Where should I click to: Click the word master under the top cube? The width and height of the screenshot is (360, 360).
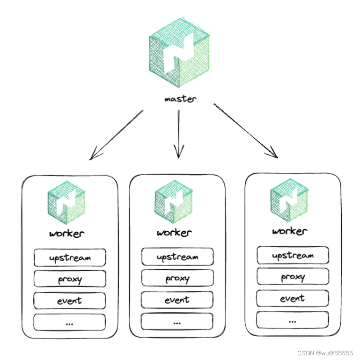(180, 99)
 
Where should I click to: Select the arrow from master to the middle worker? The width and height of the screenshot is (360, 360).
(178, 133)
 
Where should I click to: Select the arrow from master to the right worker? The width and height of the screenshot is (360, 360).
(245, 131)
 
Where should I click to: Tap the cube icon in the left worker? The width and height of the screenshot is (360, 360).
(66, 203)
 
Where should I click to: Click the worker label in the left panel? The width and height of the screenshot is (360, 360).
(66, 233)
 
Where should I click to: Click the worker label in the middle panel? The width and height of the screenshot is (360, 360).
(174, 233)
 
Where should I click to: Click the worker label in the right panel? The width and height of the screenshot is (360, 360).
(289, 231)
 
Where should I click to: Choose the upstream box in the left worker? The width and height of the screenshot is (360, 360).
(70, 257)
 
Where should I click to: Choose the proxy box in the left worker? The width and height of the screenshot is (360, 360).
(70, 279)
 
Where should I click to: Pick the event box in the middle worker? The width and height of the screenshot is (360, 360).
(177, 300)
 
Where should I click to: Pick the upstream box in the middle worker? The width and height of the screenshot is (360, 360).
(177, 257)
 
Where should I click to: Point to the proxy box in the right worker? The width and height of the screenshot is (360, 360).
(293, 277)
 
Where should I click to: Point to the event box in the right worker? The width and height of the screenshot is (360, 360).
(293, 298)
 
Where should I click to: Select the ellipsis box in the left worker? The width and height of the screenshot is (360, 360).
(70, 322)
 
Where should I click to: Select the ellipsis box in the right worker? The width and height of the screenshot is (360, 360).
(293, 320)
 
